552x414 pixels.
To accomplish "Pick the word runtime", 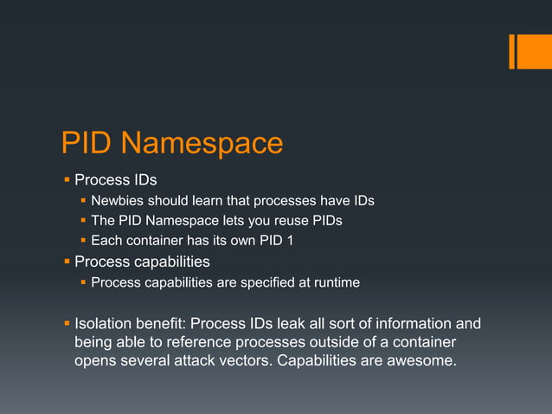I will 334,282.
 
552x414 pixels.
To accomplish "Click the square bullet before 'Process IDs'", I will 67,181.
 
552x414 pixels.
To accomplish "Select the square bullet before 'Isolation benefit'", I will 67,325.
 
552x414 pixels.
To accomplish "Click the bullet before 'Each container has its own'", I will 83,241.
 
